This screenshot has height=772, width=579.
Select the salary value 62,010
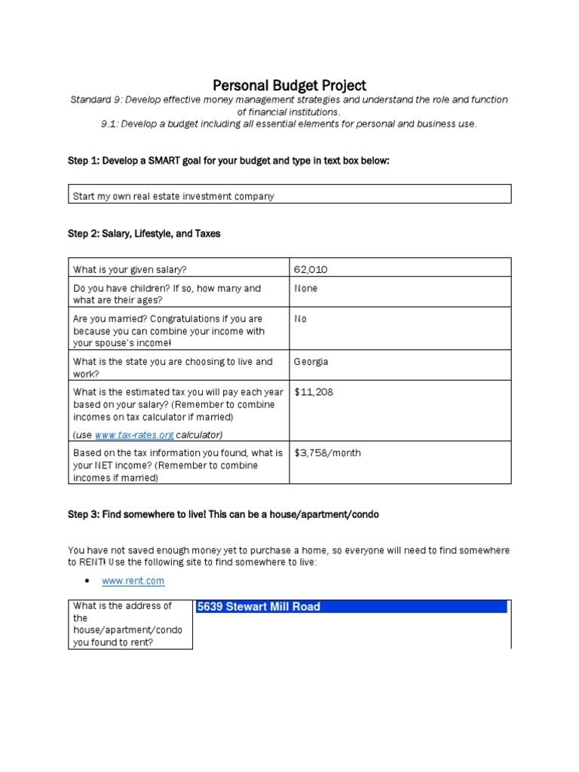pyautogui.click(x=311, y=269)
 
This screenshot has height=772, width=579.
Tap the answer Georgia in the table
pyautogui.click(x=311, y=362)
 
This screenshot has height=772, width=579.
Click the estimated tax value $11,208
pyautogui.click(x=314, y=392)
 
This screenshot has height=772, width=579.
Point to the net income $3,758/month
pyautogui.click(x=327, y=453)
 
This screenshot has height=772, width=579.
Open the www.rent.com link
pyautogui.click(x=133, y=581)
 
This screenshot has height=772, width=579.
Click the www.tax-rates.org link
pyautogui.click(x=134, y=435)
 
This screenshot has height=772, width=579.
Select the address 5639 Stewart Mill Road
pyautogui.click(x=259, y=607)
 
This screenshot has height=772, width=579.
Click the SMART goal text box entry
pyautogui.click(x=173, y=196)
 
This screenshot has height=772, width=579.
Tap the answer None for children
pyautogui.click(x=305, y=289)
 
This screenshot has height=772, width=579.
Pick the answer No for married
pyautogui.click(x=300, y=319)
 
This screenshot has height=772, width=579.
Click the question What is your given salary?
pyautogui.click(x=130, y=269)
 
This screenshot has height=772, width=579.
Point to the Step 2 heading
pyautogui.click(x=144, y=234)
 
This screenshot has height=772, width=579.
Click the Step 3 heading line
pyautogui.click(x=223, y=514)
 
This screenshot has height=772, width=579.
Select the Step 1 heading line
pyautogui.click(x=228, y=161)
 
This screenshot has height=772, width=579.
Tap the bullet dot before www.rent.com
pyautogui.click(x=87, y=581)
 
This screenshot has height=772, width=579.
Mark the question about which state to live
pyautogui.click(x=173, y=368)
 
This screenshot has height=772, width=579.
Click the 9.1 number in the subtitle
pyautogui.click(x=109, y=124)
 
